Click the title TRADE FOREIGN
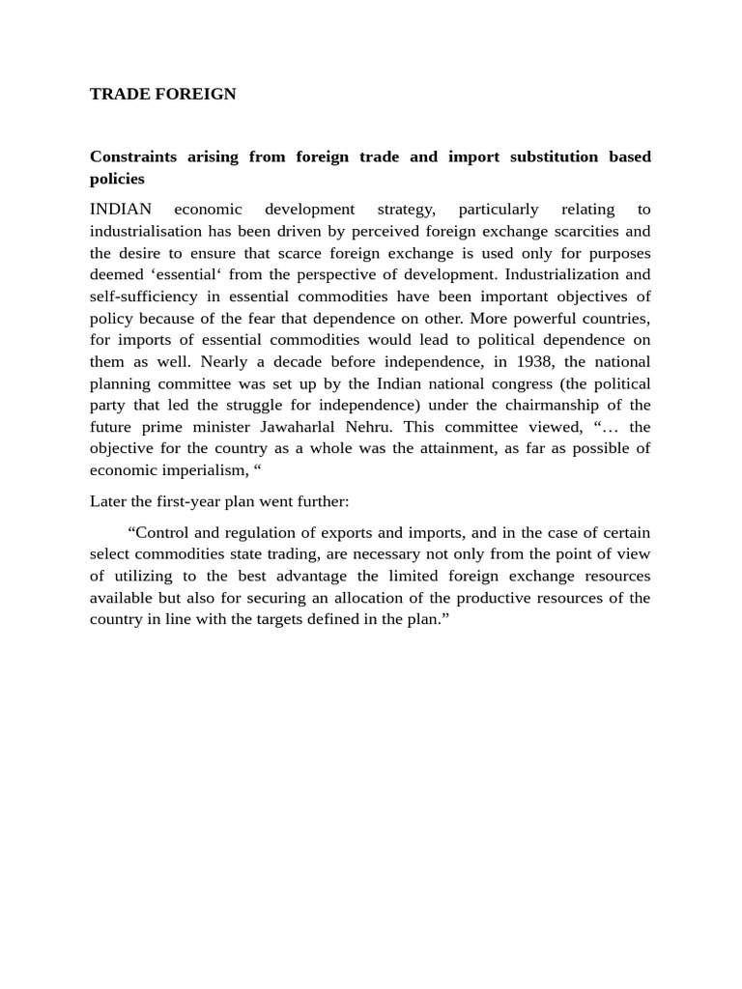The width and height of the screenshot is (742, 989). point(162,94)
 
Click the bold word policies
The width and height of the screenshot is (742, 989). point(117,179)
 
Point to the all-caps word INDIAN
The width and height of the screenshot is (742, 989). point(116,210)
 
